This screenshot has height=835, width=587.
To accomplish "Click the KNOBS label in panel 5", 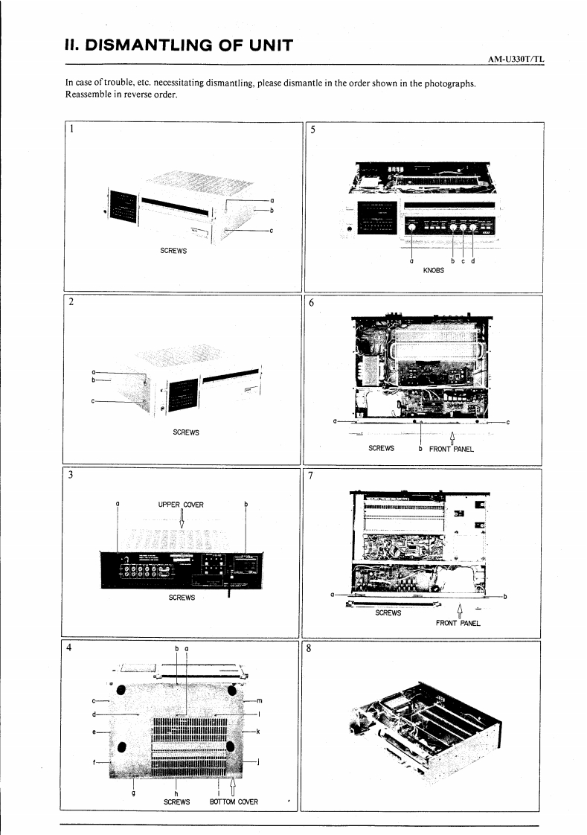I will point(434,270).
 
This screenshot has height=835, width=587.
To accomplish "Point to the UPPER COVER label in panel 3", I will point(181,505).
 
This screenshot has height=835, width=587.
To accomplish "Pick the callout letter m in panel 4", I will point(259,700).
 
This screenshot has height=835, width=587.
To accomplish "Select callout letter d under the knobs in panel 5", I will point(473,260).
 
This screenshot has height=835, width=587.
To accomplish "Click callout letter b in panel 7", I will point(505,596).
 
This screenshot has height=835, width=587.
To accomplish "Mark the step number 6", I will point(311,303).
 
